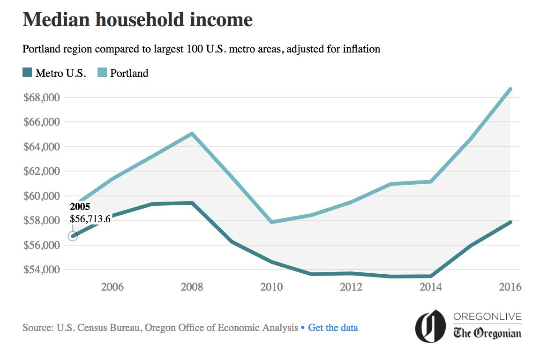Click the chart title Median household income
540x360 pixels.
[137, 20]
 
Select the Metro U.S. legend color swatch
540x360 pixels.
[27, 72]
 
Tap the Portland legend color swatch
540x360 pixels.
[102, 72]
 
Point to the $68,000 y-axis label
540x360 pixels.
[42, 97]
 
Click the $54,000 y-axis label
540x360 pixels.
[42, 270]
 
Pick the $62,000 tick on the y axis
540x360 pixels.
[42, 171]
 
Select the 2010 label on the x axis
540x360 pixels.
[271, 286]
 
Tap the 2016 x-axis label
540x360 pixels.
[510, 286]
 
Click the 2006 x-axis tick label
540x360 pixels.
[112, 286]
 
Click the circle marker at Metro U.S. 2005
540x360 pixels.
[73, 236]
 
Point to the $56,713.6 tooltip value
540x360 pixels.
[90, 219]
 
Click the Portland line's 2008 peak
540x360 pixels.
[192, 134]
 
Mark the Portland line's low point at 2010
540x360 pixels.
[272, 222]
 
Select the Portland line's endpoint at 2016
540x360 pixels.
[510, 89]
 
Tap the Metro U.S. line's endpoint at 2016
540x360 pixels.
[510, 222]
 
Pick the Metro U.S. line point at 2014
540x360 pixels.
[431, 276]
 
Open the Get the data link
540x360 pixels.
[333, 327]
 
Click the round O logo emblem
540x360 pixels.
[430, 326]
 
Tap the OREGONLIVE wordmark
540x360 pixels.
[487, 316]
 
